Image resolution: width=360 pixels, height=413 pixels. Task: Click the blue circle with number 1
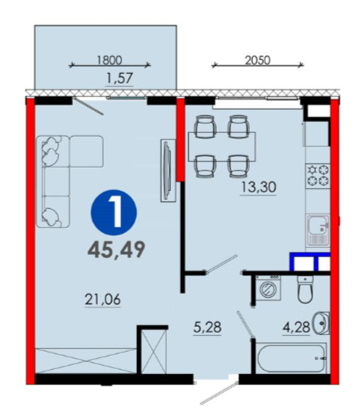pyautogui.click(x=114, y=212)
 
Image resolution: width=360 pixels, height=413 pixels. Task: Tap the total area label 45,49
pyautogui.click(x=116, y=250)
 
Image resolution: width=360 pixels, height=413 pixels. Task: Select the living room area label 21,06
pyautogui.click(x=103, y=299)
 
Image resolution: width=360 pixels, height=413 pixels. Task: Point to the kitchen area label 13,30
pyautogui.click(x=259, y=187)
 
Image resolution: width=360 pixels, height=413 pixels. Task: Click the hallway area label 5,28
pyautogui.click(x=207, y=328)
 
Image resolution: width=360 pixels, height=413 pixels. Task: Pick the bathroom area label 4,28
pyautogui.click(x=296, y=328)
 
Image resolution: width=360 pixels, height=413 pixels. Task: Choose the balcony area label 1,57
pyautogui.click(x=120, y=78)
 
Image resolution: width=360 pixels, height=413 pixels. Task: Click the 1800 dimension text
pyautogui.click(x=109, y=60)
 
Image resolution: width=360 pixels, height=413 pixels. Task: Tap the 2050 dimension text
pyautogui.click(x=257, y=60)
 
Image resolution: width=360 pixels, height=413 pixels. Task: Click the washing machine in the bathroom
pyautogui.click(x=268, y=289)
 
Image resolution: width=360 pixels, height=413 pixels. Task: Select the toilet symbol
pyautogui.click(x=305, y=289)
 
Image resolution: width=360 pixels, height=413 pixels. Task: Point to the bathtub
pyautogui.click(x=291, y=358)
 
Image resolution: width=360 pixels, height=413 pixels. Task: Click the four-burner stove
pyautogui.click(x=318, y=174)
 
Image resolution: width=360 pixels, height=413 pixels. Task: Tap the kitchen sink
pyautogui.click(x=318, y=230)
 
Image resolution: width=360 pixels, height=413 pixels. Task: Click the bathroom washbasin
pyautogui.click(x=322, y=323)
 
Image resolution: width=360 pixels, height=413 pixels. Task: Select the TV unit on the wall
pyautogui.click(x=168, y=170)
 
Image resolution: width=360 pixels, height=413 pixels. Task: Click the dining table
pyautogui.click(x=221, y=147)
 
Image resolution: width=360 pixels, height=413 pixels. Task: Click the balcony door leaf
pyautogui.click(x=89, y=105)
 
